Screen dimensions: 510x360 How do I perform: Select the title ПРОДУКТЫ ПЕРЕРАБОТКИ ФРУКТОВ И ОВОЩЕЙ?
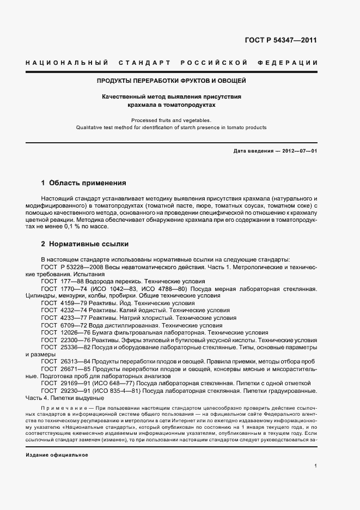click(x=172, y=81)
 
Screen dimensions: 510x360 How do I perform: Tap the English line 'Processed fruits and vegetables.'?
click(x=171, y=120)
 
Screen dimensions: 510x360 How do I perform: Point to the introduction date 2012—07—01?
click(x=299, y=150)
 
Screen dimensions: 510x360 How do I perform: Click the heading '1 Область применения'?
click(x=83, y=183)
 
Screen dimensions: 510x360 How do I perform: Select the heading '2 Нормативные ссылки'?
click(x=84, y=244)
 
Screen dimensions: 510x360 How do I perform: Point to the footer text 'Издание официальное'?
click(x=57, y=440)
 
